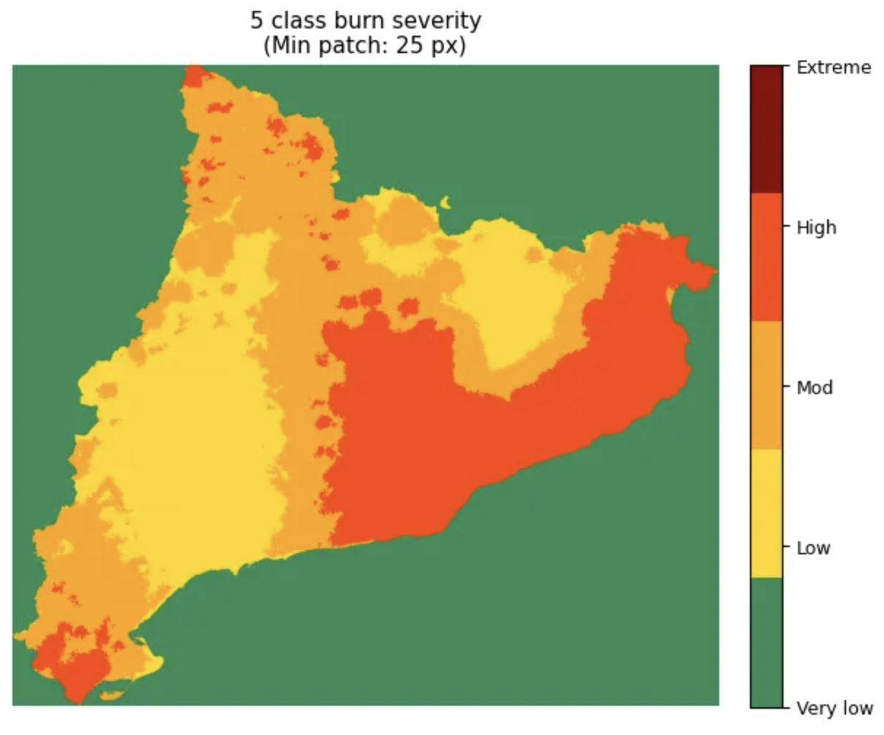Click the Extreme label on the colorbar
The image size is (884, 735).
pos(833,68)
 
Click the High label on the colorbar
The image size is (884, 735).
pos(816,228)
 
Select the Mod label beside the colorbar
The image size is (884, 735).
pos(814,388)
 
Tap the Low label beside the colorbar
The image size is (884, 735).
pos(813,548)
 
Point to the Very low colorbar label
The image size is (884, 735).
pos(834,708)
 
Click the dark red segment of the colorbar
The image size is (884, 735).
pos(766,129)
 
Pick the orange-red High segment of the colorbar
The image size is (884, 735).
pos(766,257)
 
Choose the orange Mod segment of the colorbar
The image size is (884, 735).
pos(766,385)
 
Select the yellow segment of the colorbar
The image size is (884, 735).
pos(766,514)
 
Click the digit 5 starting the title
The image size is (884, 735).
pos(257,20)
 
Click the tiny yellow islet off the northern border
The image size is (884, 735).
pos(445,203)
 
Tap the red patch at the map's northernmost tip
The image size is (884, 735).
pos(195,75)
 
